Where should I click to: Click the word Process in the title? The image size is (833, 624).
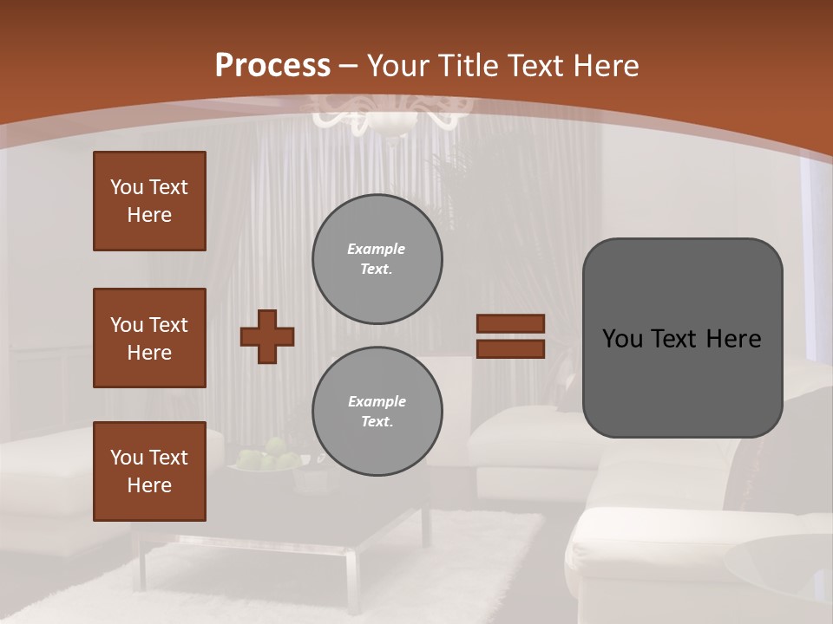click(272, 66)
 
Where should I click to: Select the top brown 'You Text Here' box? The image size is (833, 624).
click(149, 201)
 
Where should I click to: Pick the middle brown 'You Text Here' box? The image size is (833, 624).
click(149, 338)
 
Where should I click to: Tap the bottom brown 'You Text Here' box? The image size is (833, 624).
click(149, 471)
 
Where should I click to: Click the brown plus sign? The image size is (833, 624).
click(267, 336)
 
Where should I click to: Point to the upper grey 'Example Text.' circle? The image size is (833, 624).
click(377, 259)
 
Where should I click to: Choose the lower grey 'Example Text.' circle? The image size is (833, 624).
click(377, 412)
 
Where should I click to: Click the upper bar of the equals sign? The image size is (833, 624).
click(511, 323)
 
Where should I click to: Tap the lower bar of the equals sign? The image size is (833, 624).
click(511, 349)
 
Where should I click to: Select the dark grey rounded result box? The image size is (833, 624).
click(682, 338)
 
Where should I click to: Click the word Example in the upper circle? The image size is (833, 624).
click(376, 249)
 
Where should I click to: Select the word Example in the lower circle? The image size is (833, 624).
click(377, 401)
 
